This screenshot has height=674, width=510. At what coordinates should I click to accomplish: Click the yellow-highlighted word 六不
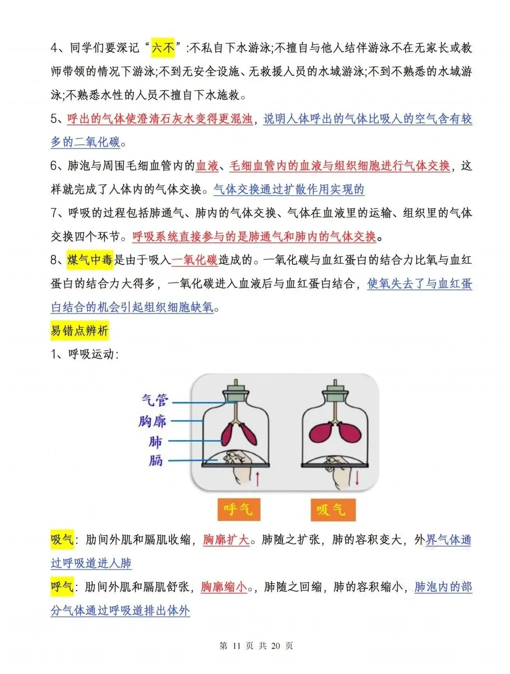[x=163, y=48]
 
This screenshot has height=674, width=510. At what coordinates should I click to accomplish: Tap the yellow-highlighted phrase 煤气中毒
[x=90, y=260]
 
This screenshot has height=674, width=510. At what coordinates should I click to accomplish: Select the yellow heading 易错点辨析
[x=79, y=331]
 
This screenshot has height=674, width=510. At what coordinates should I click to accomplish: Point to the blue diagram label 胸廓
[x=152, y=421]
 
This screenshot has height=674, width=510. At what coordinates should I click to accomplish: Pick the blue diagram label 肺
[x=155, y=442]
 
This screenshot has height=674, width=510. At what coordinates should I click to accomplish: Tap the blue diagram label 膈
[x=155, y=460]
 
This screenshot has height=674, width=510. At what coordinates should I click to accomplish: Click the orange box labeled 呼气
[x=239, y=509]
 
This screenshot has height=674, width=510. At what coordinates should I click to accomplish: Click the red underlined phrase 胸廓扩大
[x=226, y=539]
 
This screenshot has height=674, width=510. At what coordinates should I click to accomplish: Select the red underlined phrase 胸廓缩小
[x=224, y=587]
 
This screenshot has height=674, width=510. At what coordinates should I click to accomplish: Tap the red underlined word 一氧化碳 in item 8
[x=195, y=260]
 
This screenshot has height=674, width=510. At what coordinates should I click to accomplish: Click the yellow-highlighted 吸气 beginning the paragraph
[x=62, y=539]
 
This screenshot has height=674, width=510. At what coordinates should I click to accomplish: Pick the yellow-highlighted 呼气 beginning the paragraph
[x=62, y=587]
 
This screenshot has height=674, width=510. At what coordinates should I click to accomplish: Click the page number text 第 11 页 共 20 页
[x=256, y=646]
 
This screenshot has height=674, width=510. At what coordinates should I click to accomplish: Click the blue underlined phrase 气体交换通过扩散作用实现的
[x=289, y=189]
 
